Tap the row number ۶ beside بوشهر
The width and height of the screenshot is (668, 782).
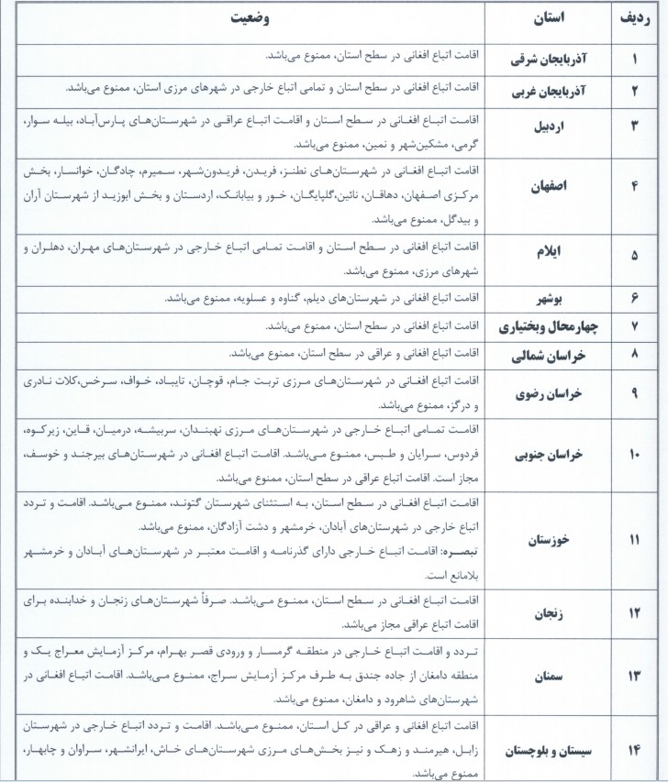[x=634, y=299]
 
